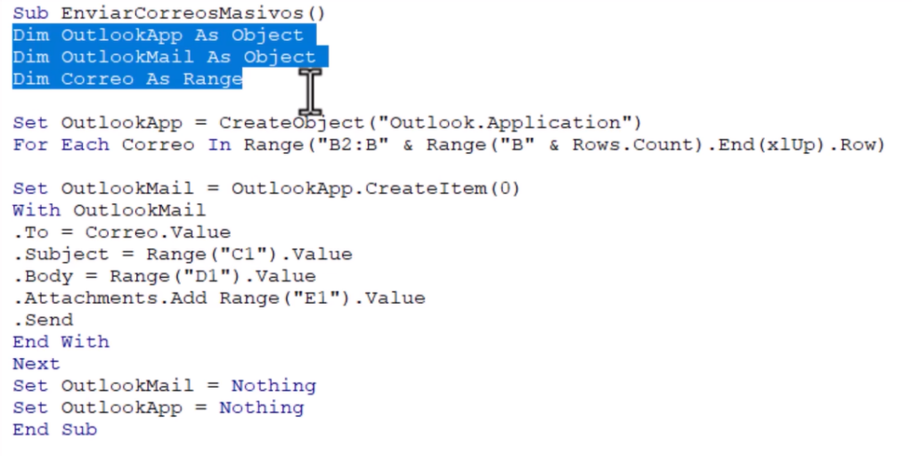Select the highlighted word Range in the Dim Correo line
tap(213, 78)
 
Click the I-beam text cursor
tap(310, 92)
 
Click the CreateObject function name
tap(292, 123)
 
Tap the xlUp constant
tap(791, 145)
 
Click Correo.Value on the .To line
tap(158, 232)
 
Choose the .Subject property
tap(61, 254)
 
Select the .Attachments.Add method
tap(110, 297)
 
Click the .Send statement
tap(44, 320)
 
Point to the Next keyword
tap(36, 364)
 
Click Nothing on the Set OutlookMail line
tap(274, 386)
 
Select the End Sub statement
tap(54, 430)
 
